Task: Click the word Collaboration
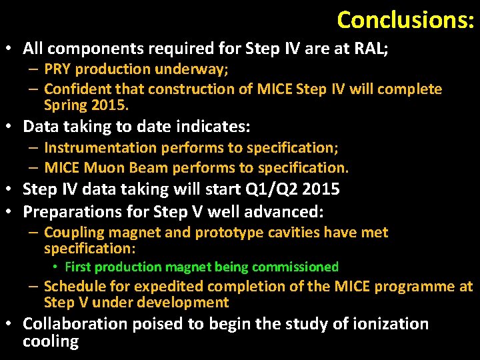(x=75, y=324)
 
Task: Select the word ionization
(x=386, y=324)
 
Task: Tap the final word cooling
(x=51, y=342)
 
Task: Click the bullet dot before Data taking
(x=12, y=127)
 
